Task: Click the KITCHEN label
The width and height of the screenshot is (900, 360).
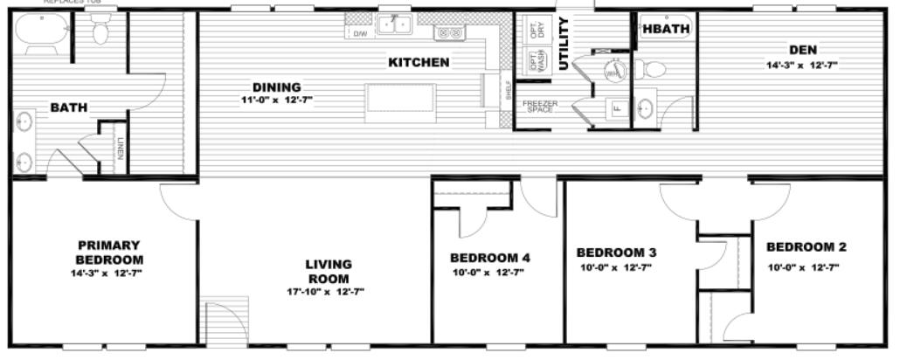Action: (x=419, y=62)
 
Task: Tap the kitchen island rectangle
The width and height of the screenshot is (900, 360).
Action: (x=400, y=97)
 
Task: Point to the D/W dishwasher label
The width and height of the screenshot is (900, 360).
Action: (x=359, y=33)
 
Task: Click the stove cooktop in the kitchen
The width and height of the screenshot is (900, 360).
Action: (x=450, y=33)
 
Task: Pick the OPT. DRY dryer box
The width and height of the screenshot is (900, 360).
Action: (x=536, y=28)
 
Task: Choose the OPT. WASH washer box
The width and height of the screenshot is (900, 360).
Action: (x=536, y=60)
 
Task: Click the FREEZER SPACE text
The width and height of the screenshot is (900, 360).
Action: (x=539, y=107)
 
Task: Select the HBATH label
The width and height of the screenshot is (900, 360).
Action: (x=666, y=28)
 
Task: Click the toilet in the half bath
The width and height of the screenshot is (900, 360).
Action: (x=649, y=68)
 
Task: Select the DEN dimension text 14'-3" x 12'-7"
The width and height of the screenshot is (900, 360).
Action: (x=802, y=66)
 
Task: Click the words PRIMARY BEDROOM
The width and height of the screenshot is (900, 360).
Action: (x=109, y=253)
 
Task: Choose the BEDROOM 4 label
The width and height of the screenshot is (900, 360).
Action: (x=489, y=258)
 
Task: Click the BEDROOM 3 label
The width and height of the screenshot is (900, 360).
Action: (x=616, y=253)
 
